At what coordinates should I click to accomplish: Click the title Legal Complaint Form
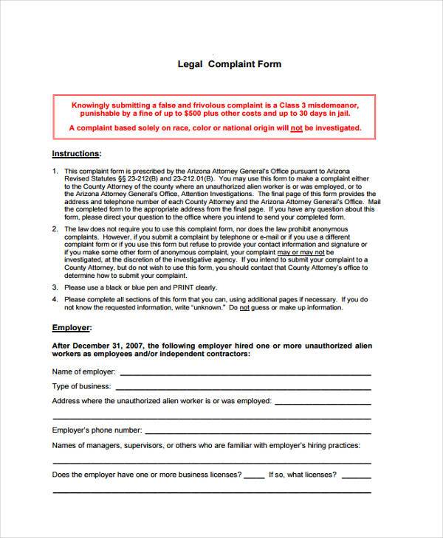(230, 64)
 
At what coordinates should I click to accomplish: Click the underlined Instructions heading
(76, 154)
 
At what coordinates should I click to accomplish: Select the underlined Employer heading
(72, 326)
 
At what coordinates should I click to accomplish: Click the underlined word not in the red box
(295, 127)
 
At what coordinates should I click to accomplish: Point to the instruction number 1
(55, 170)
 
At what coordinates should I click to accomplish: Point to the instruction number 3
(55, 287)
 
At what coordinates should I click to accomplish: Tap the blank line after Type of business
(244, 386)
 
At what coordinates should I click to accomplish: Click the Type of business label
(82, 386)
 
